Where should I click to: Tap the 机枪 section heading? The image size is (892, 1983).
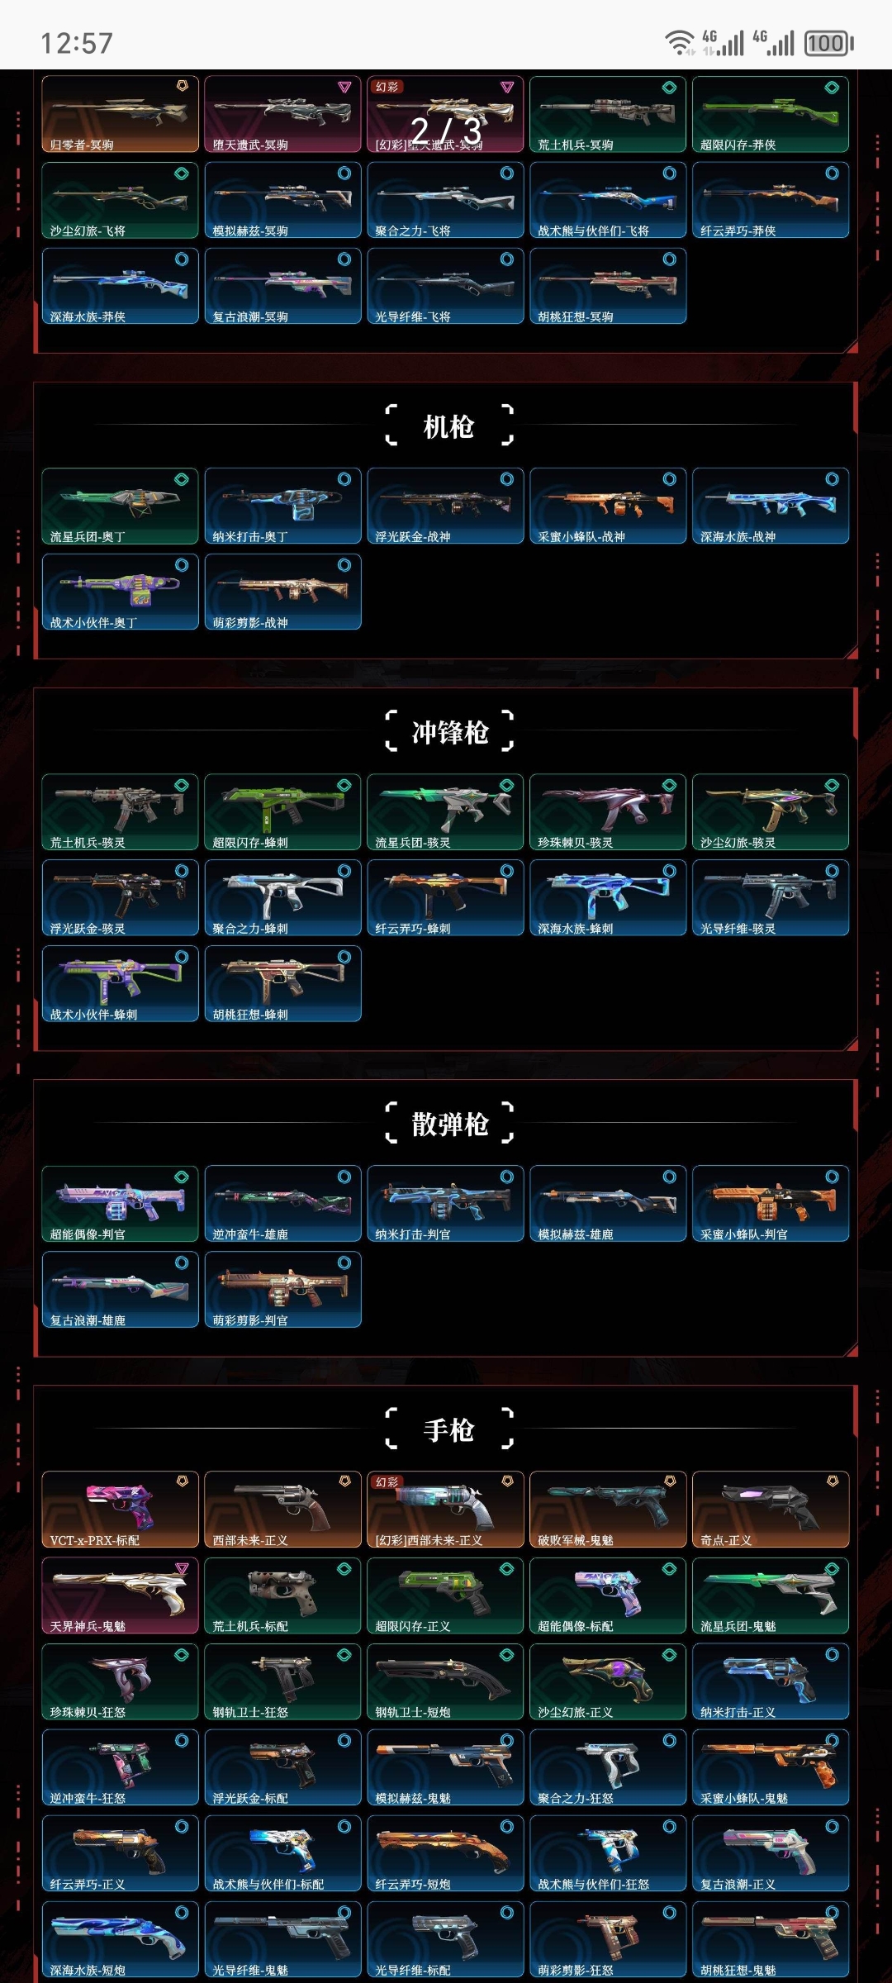tap(448, 426)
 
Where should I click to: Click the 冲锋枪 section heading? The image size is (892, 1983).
tap(449, 732)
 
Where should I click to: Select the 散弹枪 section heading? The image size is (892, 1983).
tap(449, 1124)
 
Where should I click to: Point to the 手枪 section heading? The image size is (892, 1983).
tap(448, 1429)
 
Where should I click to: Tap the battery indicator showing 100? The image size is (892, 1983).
tap(828, 43)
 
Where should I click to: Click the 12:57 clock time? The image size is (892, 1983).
tap(77, 43)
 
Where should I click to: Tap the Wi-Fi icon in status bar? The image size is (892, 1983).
tap(680, 42)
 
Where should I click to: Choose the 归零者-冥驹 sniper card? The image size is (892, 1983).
tap(120, 114)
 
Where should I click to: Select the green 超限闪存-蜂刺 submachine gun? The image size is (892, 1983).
tap(282, 811)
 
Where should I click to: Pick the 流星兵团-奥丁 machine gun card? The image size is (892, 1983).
tap(120, 506)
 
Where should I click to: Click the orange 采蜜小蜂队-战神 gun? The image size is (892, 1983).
tap(608, 506)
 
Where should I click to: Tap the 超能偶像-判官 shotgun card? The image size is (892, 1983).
tap(120, 1203)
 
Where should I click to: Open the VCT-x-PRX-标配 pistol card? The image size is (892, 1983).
tap(120, 1509)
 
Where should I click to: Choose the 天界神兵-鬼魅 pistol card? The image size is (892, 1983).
tap(120, 1595)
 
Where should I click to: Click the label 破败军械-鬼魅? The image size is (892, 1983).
tap(575, 1540)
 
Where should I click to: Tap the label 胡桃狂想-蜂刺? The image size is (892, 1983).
tap(250, 1015)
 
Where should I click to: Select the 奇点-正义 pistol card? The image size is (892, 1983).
tap(771, 1509)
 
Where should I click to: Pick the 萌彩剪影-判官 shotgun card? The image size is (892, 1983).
tap(282, 1289)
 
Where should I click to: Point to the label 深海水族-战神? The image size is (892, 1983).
tap(738, 537)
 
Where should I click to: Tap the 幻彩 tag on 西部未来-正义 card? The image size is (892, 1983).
tap(387, 1482)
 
